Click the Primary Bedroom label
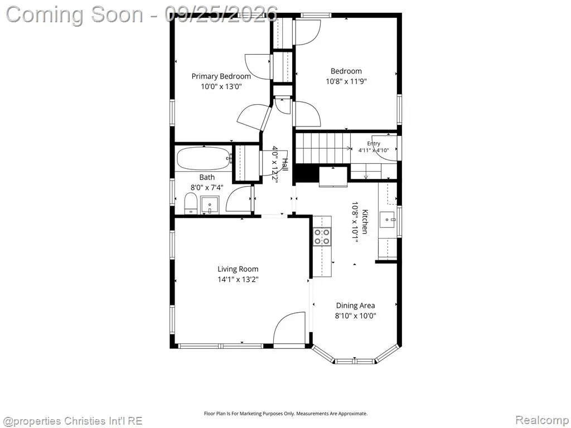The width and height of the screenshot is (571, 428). pos(221,76)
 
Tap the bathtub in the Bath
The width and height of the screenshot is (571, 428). pos(203,158)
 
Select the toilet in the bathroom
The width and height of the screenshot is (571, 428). pos(191,204)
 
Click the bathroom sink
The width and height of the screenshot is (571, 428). pos(210,205)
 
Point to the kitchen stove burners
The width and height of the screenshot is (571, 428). pos(322,236)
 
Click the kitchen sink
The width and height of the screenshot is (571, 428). pos(388,220)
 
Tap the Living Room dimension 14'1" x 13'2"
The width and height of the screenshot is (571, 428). pos(238,280)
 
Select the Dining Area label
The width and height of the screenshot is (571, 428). pos(355,306)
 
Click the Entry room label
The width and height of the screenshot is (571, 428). pos(374,144)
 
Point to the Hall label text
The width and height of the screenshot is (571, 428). pos(285,165)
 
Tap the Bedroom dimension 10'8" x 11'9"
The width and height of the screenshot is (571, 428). pos(346,81)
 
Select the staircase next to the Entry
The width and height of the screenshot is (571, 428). pos(322,148)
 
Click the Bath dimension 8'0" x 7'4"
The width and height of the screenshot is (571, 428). pos(207,188)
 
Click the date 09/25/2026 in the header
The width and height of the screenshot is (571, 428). pos(221,14)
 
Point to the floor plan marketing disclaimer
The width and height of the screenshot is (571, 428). pos(285,414)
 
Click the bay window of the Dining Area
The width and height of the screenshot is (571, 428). pos(355,355)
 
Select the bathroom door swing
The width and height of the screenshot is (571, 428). pos(239,199)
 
